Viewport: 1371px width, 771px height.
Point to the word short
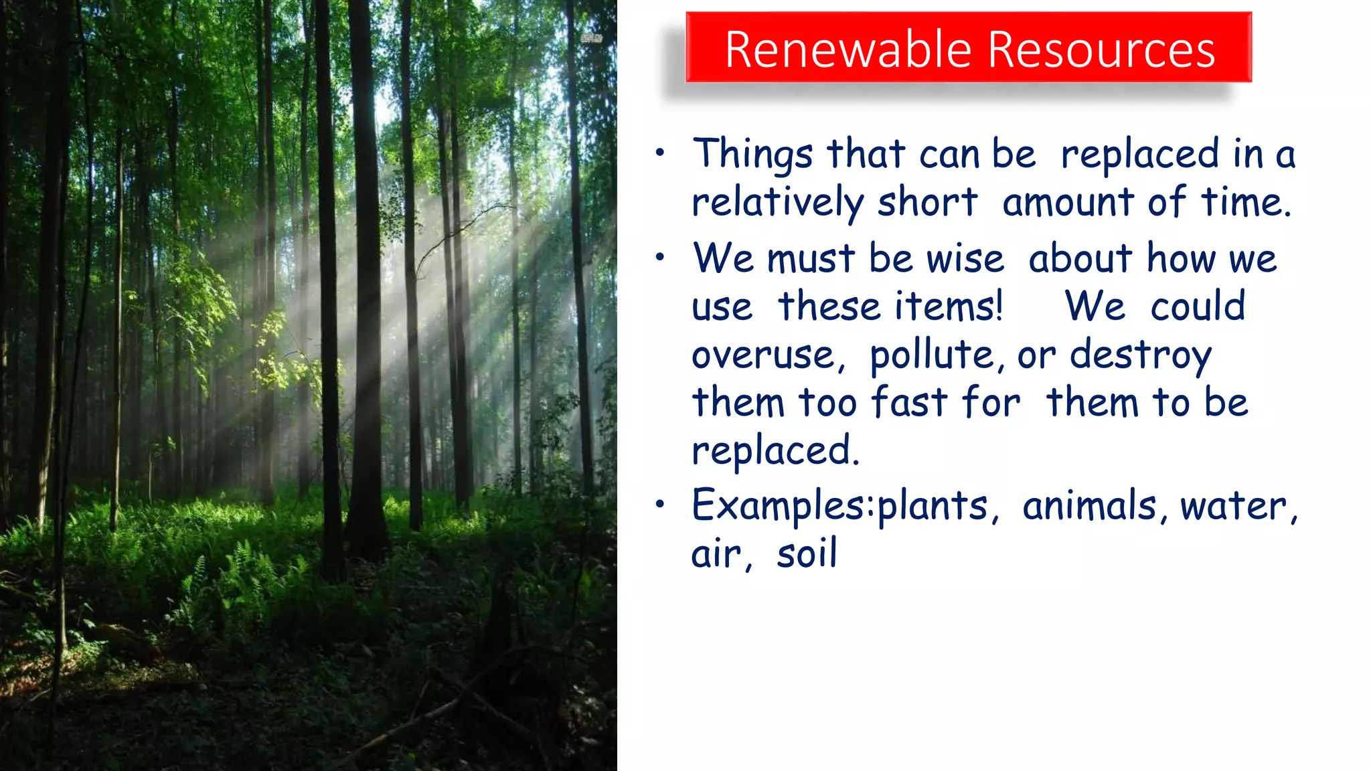pyautogui.click(x=927, y=202)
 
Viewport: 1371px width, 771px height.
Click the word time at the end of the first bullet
pyautogui.click(x=1244, y=202)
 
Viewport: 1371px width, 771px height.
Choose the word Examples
pyautogui.click(x=779, y=506)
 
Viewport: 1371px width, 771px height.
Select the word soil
pyautogui.click(x=807, y=554)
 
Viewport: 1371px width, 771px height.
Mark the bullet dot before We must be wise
pyautogui.click(x=660, y=257)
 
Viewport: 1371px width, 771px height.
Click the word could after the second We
pyautogui.click(x=1198, y=307)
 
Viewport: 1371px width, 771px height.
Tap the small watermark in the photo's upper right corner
pyautogui.click(x=591, y=39)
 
